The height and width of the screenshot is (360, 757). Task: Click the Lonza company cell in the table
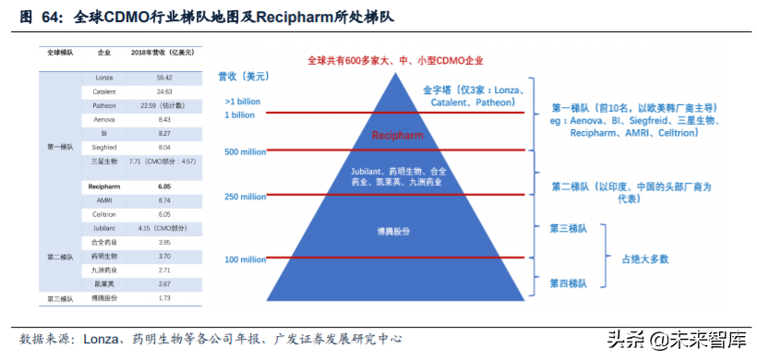[x=103, y=78]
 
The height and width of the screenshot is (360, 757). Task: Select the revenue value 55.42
[x=165, y=78]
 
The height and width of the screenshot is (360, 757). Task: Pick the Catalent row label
[x=103, y=91]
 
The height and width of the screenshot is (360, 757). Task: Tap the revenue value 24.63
[x=165, y=91]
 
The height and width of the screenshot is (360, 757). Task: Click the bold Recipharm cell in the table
[x=103, y=186]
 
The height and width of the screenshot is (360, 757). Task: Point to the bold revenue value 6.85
[x=165, y=186]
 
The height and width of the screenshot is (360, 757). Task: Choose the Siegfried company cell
[x=103, y=146]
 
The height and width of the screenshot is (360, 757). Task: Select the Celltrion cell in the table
[x=103, y=213]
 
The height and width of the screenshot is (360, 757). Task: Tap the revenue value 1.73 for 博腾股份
[x=165, y=298]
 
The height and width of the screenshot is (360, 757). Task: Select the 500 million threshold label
[x=245, y=151]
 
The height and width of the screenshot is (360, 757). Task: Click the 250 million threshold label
[x=245, y=197]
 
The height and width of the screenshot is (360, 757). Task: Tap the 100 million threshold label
[x=245, y=259]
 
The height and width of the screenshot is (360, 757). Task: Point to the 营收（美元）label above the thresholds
[x=245, y=77]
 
